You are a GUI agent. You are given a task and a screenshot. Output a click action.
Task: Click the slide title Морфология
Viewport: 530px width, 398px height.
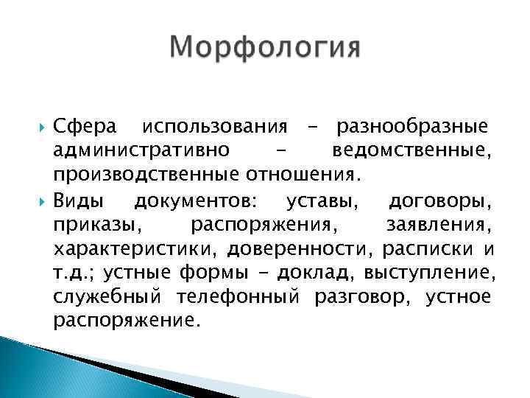265,49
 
